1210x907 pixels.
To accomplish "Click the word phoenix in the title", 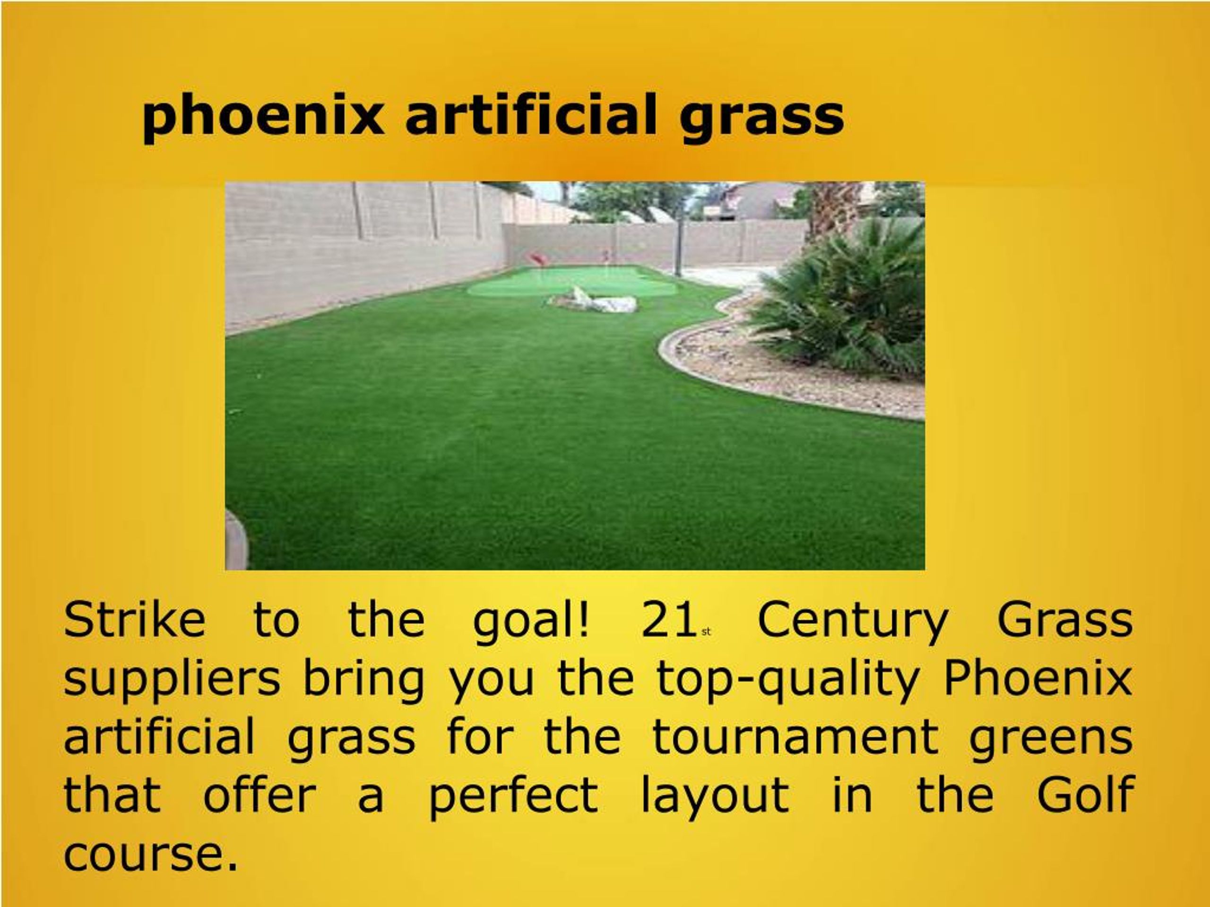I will pos(263,116).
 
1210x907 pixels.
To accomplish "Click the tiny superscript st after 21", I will pos(706,632).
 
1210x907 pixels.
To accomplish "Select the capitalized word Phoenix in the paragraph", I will pos(1037,678).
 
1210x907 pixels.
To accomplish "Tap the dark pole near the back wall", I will pos(678,243).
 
